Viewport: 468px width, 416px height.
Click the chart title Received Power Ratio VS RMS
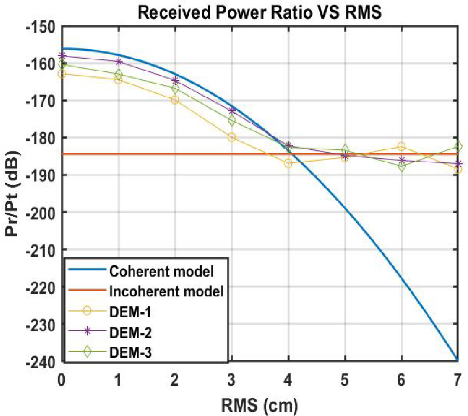point(259,12)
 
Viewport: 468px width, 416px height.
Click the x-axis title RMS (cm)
point(259,403)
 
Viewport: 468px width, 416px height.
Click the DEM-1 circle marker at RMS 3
point(232,137)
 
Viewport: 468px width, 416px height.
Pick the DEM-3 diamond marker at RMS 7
point(458,147)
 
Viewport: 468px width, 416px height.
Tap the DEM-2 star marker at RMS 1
point(119,61)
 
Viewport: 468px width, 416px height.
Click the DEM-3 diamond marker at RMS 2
point(175,89)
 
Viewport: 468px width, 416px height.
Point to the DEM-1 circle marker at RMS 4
point(288,163)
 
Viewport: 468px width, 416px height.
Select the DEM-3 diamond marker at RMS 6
point(401,167)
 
